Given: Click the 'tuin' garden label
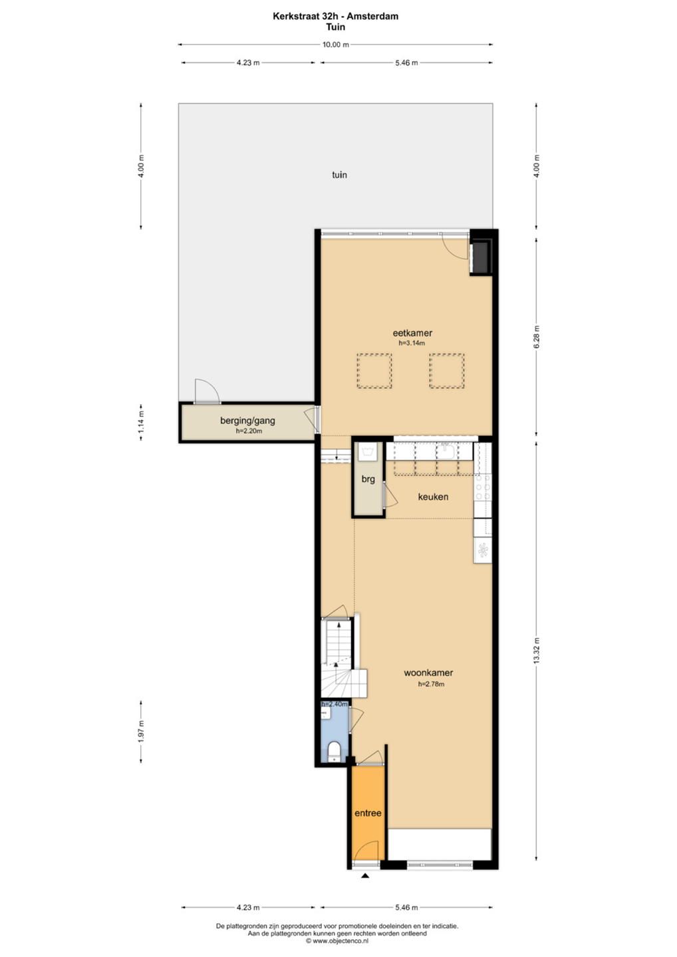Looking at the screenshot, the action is coord(339,175).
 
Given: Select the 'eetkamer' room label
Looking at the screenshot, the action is coord(412,333).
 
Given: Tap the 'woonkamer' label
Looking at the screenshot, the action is coord(428,673).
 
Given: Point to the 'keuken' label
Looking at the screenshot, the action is coord(433,497).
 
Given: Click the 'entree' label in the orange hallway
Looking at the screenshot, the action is coord(368,813).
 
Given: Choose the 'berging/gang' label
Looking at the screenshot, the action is coord(247,421).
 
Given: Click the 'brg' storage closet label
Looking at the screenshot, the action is coord(368,479).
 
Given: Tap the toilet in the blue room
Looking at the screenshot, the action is coord(334,752).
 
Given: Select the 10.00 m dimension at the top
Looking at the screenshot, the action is coord(336,45).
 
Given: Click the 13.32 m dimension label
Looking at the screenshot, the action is coord(537,651).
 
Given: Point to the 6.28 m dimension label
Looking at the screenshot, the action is coord(537,337).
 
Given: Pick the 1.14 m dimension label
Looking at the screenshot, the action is coord(142,421).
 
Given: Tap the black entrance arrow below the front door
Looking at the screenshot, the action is coord(364,875).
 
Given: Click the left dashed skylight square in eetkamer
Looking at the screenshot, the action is coord(374,371).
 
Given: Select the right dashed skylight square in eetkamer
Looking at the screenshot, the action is coord(447,371).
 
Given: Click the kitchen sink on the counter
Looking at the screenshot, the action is coord(447,451).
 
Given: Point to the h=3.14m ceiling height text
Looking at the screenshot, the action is coord(412,343).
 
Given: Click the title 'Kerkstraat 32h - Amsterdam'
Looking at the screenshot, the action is coord(336,16).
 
